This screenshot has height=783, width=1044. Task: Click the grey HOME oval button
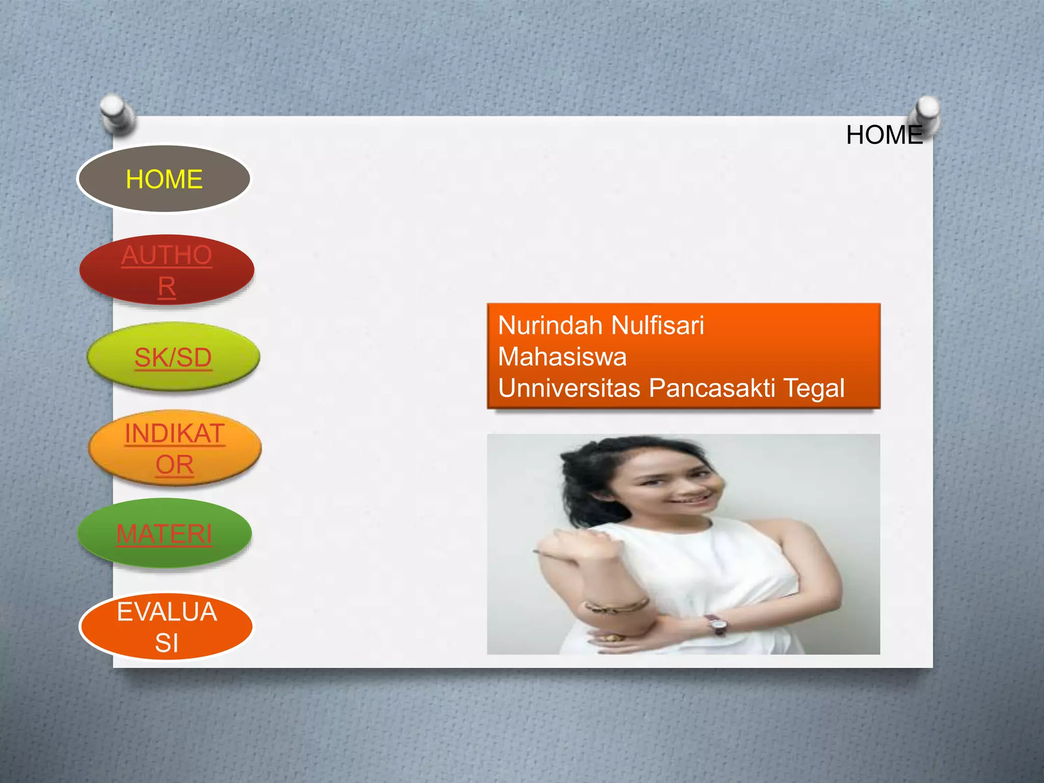coord(164,179)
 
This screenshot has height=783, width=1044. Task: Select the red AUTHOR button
coord(167,270)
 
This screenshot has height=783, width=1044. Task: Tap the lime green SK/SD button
coord(173,357)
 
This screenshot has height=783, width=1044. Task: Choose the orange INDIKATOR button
coord(175,448)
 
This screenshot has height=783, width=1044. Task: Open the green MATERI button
coord(164,534)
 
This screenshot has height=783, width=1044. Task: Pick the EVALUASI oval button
coord(167,627)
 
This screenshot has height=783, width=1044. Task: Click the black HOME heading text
coord(884,135)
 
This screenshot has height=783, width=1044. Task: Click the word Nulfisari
coord(657,325)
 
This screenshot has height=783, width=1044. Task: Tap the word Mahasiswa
coord(562,356)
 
